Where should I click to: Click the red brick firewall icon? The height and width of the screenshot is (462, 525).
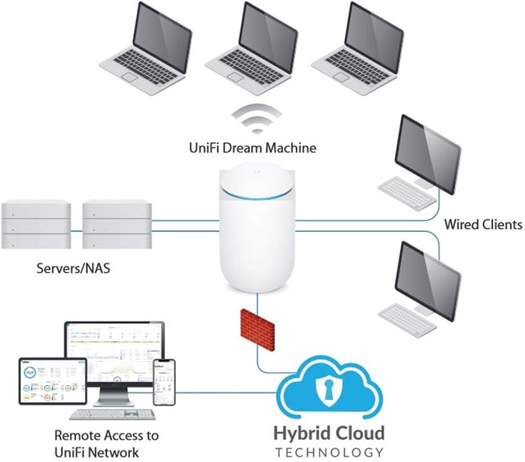(x=257, y=328)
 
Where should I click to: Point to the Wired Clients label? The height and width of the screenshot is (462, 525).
(x=483, y=225)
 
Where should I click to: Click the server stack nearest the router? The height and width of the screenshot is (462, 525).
(x=117, y=223)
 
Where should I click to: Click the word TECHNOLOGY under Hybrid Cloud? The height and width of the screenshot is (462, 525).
(x=329, y=452)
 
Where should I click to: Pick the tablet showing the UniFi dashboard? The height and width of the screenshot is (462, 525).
(x=52, y=381)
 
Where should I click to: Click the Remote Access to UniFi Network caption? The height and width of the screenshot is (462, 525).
(x=107, y=443)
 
